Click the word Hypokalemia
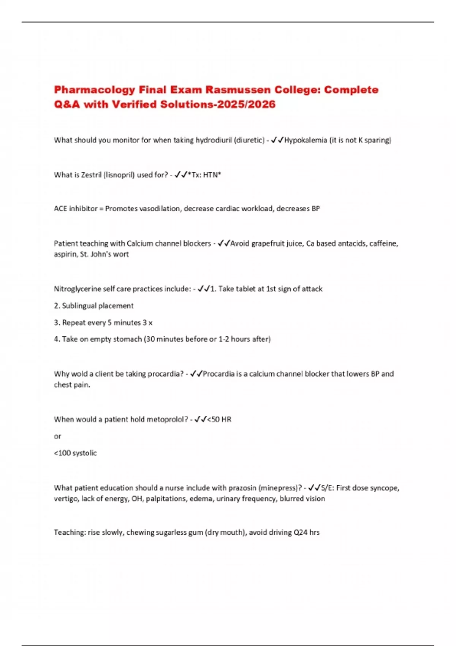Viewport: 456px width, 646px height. [x=306, y=140]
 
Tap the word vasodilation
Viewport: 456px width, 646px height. [x=159, y=209]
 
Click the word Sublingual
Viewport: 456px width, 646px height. [x=79, y=306]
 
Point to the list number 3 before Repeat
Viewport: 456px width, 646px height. [x=56, y=323]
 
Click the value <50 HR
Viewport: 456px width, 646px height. [x=219, y=420]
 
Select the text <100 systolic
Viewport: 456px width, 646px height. [x=75, y=453]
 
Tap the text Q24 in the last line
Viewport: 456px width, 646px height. [x=300, y=532]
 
